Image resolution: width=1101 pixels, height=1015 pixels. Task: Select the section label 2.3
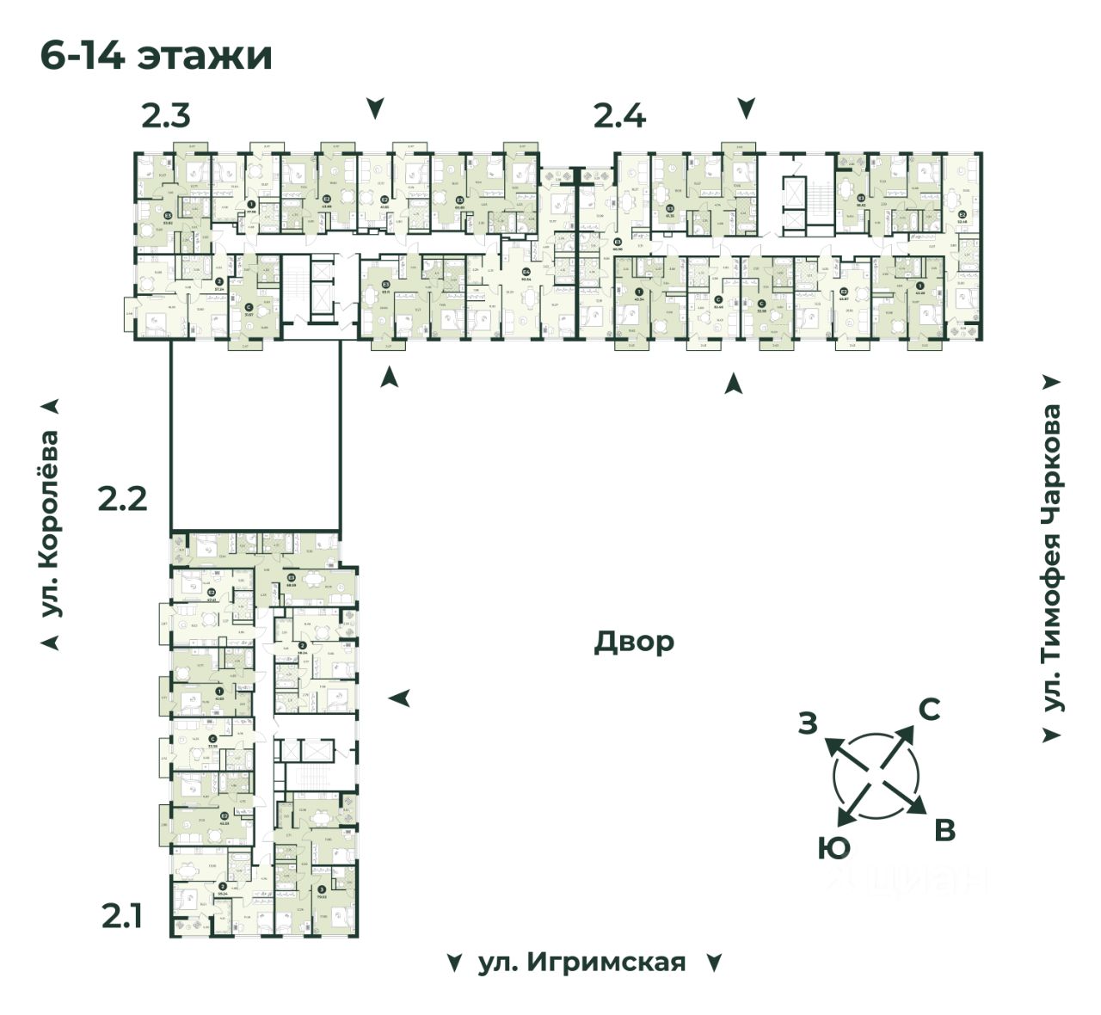point(166,115)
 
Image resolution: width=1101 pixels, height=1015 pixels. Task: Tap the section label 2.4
point(619,115)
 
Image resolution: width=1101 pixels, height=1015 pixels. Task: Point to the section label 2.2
point(122,498)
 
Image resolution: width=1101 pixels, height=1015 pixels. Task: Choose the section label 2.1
point(122,918)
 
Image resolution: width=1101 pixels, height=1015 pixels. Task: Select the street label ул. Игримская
point(581,962)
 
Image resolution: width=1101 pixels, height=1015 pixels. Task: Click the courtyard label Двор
point(634,642)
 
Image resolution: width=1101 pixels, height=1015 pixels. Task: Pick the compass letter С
point(929,710)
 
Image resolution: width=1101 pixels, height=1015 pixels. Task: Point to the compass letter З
point(807,723)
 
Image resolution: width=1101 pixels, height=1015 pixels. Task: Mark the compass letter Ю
point(833,849)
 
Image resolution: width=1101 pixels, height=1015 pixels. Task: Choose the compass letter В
point(944,831)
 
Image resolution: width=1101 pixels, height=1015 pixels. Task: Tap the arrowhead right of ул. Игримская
point(713,963)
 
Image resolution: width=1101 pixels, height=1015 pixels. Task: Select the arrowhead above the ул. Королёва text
point(53,406)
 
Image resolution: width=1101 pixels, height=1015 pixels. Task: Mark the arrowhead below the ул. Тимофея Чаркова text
point(1051,735)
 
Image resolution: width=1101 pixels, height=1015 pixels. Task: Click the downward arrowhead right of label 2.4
point(747,109)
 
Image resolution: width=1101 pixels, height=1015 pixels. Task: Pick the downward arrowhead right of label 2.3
point(375,109)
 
